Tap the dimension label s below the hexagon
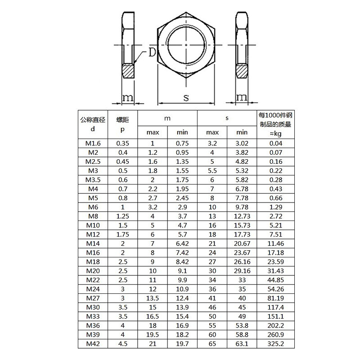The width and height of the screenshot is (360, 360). coord(186,97)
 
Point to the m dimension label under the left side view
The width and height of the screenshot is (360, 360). coord(128,97)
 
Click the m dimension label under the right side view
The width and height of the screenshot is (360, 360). coord(242,97)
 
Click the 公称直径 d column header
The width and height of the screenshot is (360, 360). coord(92,124)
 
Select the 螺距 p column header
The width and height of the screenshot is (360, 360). coord(122,124)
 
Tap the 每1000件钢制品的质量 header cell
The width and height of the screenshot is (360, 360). coord(275,124)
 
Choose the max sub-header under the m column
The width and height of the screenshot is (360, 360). coord(152,132)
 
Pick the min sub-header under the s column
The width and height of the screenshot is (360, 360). coord(242,132)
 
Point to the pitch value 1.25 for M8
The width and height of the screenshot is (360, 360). coord(122,216)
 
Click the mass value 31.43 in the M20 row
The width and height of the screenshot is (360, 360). coord(275,271)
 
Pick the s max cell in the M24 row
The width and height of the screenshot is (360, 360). coord(212,289)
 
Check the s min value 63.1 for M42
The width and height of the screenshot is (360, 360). coord(242,344)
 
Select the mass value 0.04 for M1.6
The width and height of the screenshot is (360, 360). coord(275,144)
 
